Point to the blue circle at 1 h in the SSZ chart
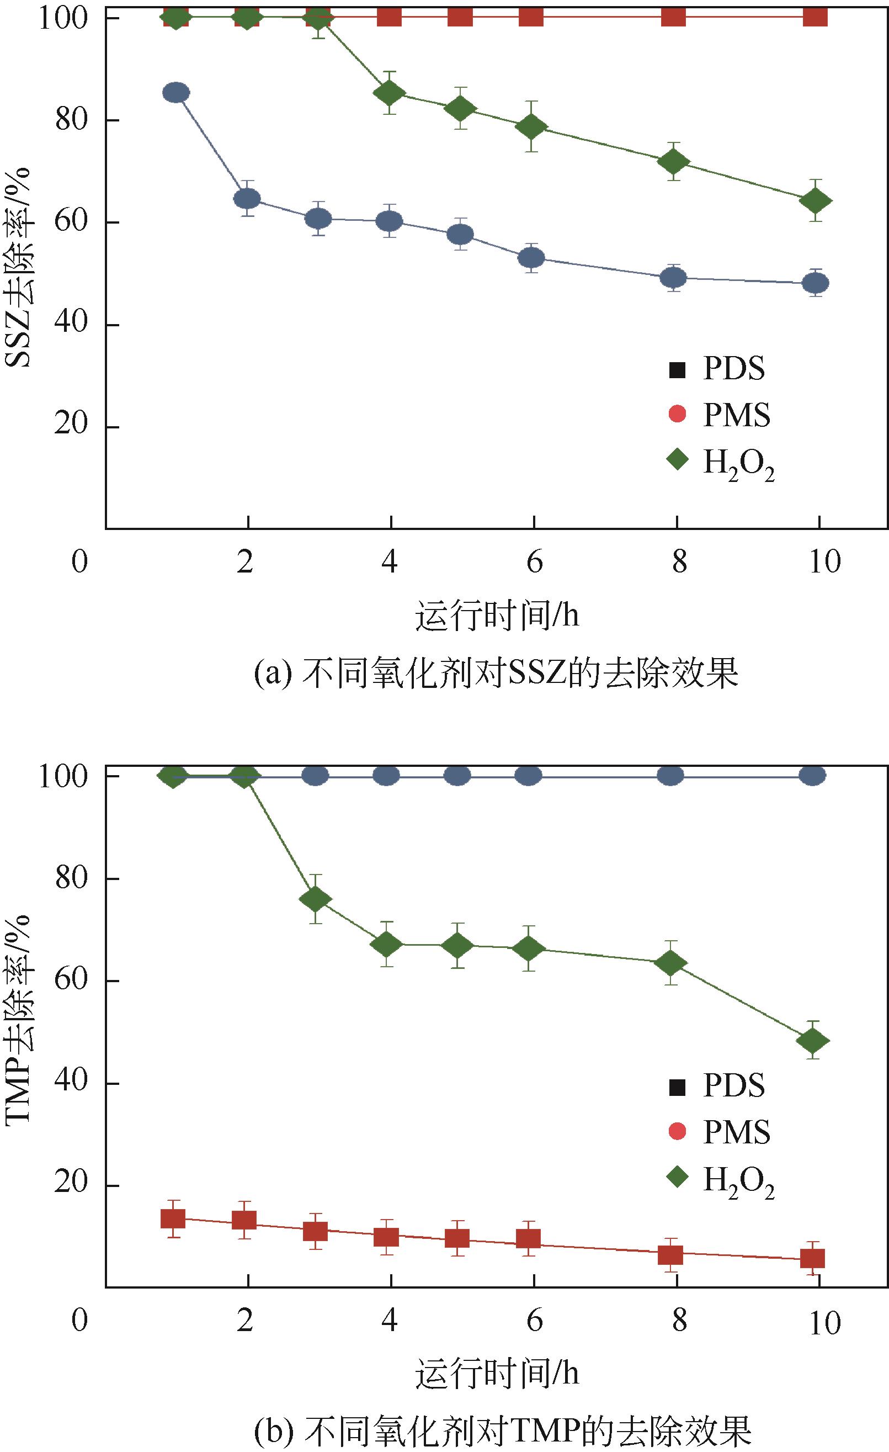[x=175, y=93]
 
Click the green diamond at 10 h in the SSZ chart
[x=816, y=201]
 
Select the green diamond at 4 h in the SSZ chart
[x=389, y=93]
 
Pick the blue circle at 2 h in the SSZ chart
[x=247, y=199]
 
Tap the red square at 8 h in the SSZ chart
[x=673, y=16]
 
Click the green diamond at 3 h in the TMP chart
[x=316, y=899]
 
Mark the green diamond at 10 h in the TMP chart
[x=813, y=1040]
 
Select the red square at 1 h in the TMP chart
[x=173, y=1218]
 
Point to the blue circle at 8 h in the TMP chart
[x=670, y=776]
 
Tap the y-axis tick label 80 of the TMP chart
[x=71, y=877]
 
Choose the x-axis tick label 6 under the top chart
[x=534, y=561]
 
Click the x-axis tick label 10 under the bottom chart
[x=825, y=1322]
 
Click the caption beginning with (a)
[x=496, y=674]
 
